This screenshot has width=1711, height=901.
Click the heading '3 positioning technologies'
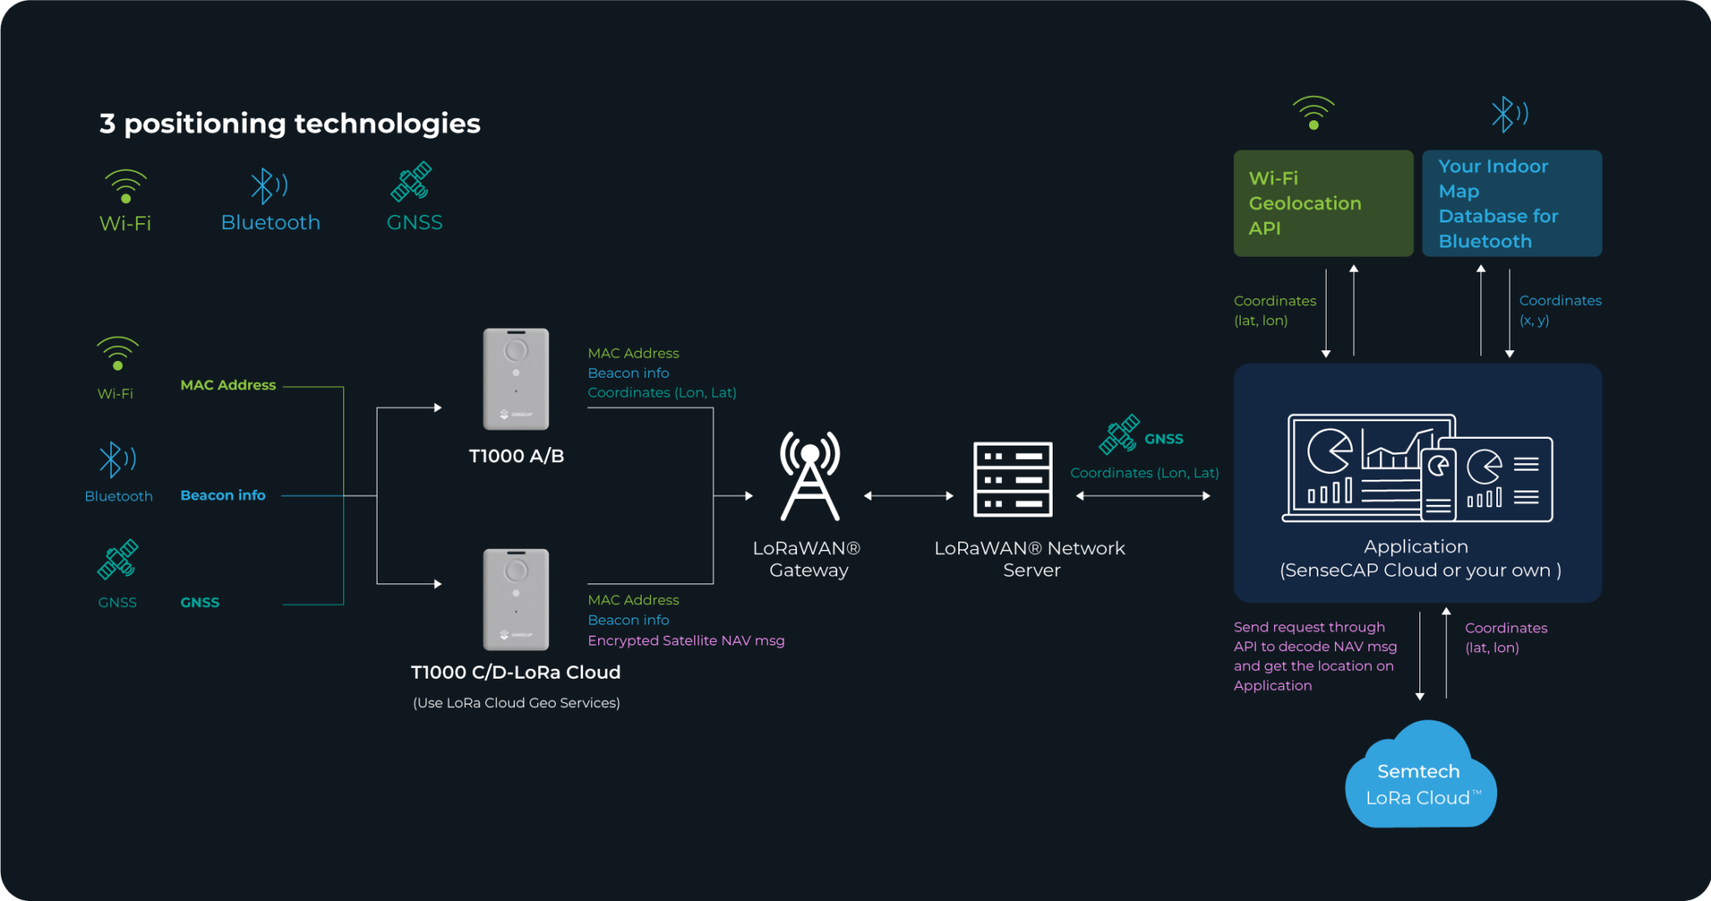290,124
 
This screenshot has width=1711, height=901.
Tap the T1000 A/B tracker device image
516,379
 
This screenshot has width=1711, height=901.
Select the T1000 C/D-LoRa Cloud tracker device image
516,599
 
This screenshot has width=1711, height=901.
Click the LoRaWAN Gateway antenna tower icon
810,476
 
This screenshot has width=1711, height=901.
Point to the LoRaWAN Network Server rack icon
1013,480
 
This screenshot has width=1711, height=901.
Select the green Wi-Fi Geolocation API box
1323,203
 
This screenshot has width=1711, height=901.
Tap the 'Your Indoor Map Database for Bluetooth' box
1511,203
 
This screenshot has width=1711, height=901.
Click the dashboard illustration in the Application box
1418,468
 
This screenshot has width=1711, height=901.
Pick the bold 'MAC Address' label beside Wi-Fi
228,385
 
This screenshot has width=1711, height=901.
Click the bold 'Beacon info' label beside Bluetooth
223,496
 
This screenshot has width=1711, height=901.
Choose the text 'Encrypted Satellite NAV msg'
686,641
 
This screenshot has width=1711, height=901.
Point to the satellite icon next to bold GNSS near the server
1120,435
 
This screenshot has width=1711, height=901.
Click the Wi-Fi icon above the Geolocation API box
1313,113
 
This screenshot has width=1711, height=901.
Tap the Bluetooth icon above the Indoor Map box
1509,114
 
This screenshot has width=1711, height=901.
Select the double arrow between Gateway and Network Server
909,496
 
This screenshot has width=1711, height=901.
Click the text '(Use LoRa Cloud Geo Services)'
516,703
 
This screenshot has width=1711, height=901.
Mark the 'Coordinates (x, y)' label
1560,310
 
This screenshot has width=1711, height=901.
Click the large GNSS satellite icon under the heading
411,182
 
